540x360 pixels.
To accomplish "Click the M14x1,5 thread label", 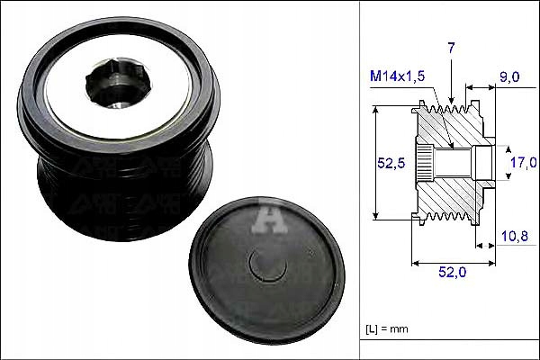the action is [x=398, y=76].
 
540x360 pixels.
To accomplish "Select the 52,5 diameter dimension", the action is [x=391, y=163].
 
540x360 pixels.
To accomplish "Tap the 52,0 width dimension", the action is [x=452, y=272].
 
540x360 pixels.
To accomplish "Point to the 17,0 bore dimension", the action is [x=523, y=162].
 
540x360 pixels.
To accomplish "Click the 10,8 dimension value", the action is [x=515, y=236].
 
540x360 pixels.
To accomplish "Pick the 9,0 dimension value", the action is [x=509, y=76].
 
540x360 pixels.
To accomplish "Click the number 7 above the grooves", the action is [x=452, y=49].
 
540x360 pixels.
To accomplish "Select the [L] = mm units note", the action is [x=387, y=329].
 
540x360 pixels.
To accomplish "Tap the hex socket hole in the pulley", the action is [x=118, y=83].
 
